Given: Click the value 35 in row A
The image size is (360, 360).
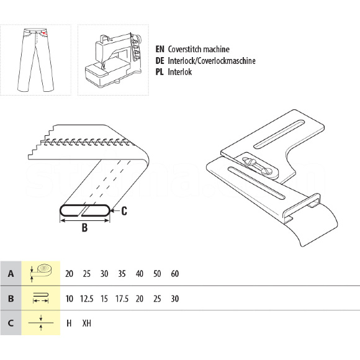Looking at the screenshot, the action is click(122, 274).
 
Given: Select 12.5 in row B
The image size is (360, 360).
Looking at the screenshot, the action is click(86, 299).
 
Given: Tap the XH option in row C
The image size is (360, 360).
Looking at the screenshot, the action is click(87, 323).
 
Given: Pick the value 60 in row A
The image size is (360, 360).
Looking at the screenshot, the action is click(175, 274).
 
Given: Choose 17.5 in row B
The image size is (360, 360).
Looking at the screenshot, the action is click(122, 299).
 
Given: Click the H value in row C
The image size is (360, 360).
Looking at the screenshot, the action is click(69, 323).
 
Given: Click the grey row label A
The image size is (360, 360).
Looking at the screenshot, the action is click(11, 274).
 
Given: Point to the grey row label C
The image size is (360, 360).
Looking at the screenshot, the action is click(11, 323).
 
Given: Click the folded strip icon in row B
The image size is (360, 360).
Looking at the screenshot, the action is click(41, 298).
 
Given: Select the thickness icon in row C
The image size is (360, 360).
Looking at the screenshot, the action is click(41, 323).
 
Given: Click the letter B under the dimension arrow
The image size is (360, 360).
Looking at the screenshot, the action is click(84, 228).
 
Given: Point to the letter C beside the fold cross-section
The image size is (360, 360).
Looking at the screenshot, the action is click(124, 211).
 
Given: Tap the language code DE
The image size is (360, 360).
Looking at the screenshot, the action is click(160, 61).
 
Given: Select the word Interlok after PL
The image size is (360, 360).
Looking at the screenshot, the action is click(180, 72).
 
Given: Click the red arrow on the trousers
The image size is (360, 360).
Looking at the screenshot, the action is click(45, 34).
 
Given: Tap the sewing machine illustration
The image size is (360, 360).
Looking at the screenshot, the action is click(114, 60).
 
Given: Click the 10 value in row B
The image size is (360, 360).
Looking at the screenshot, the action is click(69, 299).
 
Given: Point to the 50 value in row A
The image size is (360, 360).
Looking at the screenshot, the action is click(157, 274).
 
